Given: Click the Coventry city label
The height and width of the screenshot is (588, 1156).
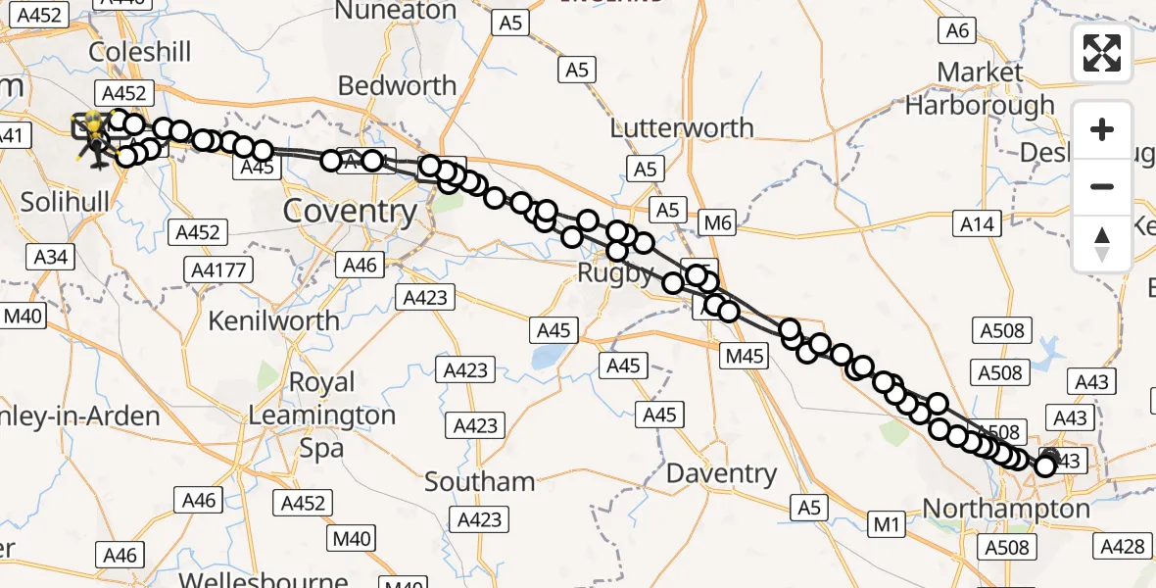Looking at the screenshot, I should coord(350,211).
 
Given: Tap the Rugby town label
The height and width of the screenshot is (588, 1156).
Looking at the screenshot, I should coord(615,273).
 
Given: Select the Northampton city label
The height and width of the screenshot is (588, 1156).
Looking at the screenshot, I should coord(1006,509).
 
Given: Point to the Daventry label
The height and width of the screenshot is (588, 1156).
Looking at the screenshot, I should coord(721,474).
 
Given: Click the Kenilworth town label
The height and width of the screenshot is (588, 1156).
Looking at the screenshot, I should coord(274,320).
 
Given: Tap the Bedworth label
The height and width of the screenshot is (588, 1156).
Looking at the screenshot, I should coord(398,86).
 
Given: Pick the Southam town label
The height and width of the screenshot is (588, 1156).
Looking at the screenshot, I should coord(480,481).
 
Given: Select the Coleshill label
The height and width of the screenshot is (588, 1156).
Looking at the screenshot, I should coord(140,51).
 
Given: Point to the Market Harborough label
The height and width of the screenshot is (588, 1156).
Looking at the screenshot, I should coord(980,88).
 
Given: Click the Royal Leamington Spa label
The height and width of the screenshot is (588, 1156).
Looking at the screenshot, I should coord(321,415).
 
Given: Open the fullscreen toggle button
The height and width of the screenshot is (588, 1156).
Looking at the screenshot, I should coord(1102,53).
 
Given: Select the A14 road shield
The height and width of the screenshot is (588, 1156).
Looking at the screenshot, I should coord(977,224).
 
